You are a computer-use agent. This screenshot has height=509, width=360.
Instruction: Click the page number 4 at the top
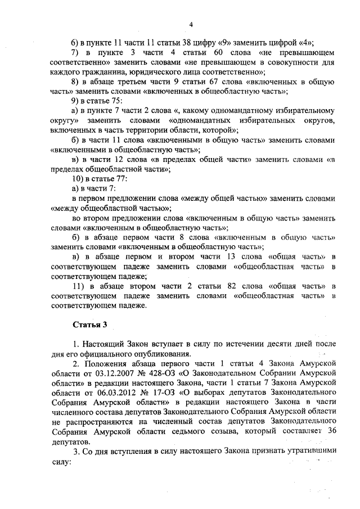[191, 24]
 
